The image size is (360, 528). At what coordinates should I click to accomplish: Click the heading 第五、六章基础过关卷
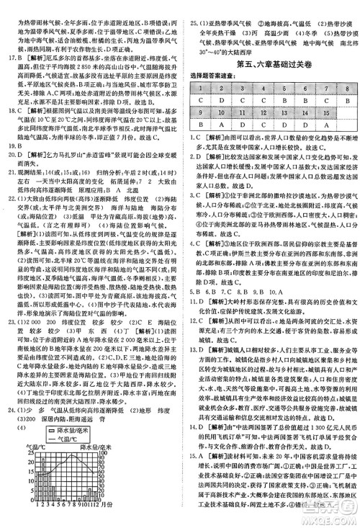click(x=269, y=65)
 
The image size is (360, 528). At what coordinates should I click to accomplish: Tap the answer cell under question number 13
click(x=271, y=125)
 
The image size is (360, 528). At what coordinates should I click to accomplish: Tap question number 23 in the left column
click(x=9, y=323)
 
